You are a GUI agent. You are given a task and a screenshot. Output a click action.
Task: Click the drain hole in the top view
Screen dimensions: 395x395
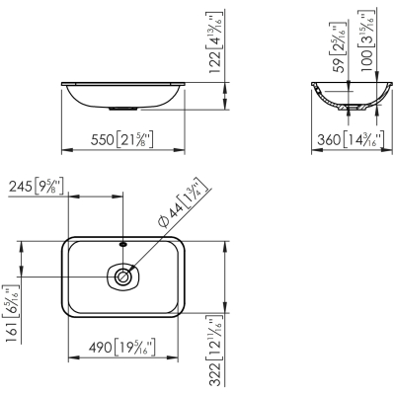tap(122, 277)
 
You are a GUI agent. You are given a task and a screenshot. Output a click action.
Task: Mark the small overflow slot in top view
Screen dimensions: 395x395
tap(122, 243)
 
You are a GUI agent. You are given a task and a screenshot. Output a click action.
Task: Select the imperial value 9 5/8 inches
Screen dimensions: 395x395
tap(51, 185)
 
